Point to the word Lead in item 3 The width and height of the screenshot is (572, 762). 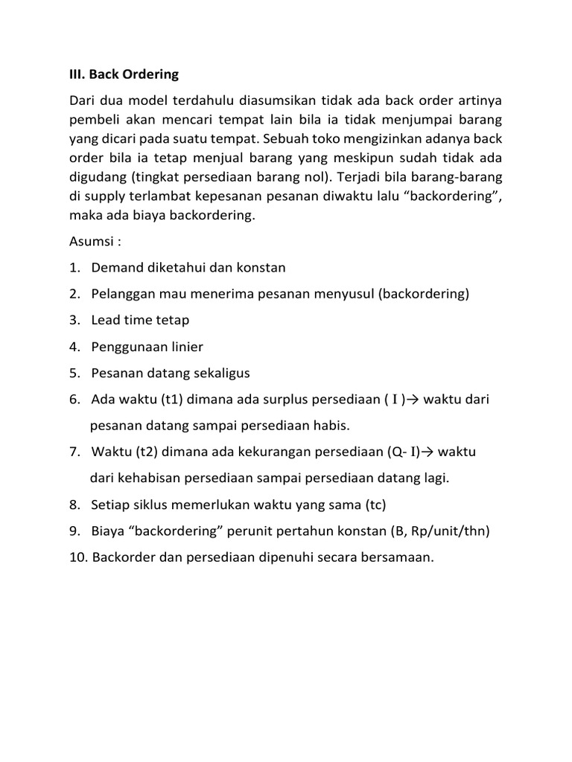pyautogui.click(x=105, y=320)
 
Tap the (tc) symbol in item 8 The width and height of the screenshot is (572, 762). pyautogui.click(x=375, y=505)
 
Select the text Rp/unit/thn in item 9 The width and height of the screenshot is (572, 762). pyautogui.click(x=445, y=531)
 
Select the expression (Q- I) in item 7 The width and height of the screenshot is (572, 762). pyautogui.click(x=403, y=452)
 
